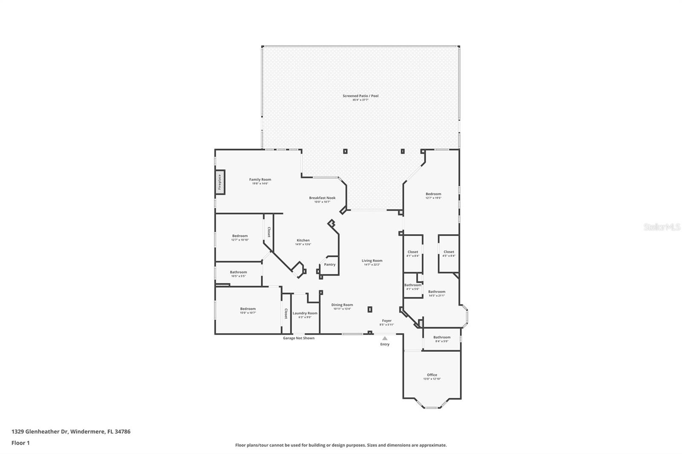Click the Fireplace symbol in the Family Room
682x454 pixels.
[x=220, y=182]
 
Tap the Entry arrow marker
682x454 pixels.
[x=384, y=338]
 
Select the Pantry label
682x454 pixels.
[x=329, y=264]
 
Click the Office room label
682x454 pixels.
[x=432, y=375]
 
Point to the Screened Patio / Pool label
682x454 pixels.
[x=360, y=96]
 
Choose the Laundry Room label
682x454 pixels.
[x=305, y=313]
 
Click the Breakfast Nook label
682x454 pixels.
[x=322, y=198]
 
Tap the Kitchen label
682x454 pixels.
[x=303, y=240]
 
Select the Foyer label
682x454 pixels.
[x=387, y=321]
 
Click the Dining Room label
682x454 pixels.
[x=342, y=305]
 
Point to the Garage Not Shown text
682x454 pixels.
[x=298, y=338]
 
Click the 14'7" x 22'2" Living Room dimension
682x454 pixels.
[x=372, y=264]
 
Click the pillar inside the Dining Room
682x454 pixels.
[x=370, y=310]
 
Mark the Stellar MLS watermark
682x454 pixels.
[x=662, y=227]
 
